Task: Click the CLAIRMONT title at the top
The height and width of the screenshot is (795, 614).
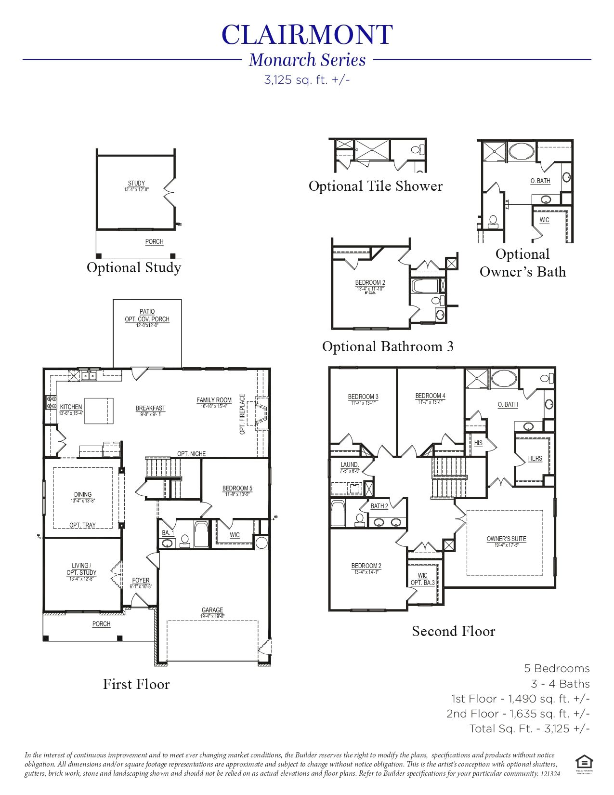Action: [307, 35]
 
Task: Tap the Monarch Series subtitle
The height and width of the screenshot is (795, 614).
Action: [307, 60]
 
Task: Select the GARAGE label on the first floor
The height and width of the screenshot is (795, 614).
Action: [212, 610]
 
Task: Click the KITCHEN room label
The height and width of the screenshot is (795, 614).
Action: [71, 407]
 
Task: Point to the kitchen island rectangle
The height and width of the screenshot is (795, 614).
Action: [99, 411]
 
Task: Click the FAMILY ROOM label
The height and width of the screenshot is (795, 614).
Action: [214, 400]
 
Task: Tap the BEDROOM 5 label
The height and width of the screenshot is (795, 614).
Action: [237, 488]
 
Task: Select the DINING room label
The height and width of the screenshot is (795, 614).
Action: [83, 494]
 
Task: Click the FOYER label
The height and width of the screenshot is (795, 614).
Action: [141, 581]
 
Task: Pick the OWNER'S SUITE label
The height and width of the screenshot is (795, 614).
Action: [506, 539]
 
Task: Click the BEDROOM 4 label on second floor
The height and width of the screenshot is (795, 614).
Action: [430, 396]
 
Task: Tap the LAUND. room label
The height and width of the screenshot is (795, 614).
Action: [350, 465]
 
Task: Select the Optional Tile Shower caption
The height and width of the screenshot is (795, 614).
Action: [375, 186]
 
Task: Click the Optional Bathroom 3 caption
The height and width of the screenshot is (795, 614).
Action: [388, 346]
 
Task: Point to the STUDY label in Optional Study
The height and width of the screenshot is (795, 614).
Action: [136, 184]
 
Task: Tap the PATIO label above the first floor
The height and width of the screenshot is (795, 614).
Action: [147, 312]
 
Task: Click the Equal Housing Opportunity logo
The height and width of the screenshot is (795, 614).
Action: [584, 763]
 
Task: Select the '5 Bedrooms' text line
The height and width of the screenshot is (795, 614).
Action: [557, 669]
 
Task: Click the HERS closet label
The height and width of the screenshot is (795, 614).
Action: [535, 458]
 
